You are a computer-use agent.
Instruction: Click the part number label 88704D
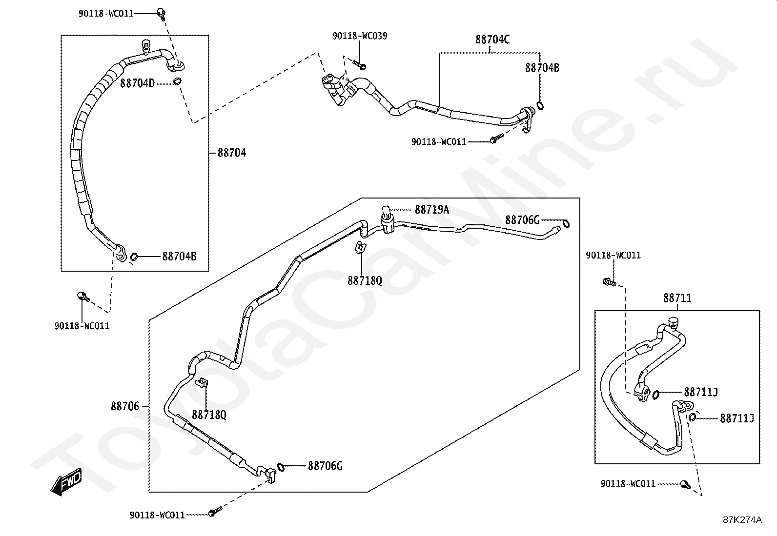[x=137, y=83]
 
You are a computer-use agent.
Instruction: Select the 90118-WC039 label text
[x=360, y=36]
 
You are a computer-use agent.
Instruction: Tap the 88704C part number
[x=492, y=40]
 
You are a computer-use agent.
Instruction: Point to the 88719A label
[x=432, y=210]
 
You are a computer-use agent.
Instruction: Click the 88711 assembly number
[x=677, y=298]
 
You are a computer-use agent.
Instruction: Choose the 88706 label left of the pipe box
[x=124, y=406]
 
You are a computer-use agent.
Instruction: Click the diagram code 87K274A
[x=742, y=520]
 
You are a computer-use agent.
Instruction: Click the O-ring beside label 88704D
[x=178, y=81]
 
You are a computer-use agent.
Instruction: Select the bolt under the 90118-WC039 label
[x=360, y=64]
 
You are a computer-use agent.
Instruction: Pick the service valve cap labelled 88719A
[x=386, y=212]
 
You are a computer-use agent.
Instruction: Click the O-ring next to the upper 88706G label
[x=566, y=224]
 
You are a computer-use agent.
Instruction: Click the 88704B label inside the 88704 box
[x=179, y=256]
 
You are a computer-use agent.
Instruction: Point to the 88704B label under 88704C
[x=542, y=68]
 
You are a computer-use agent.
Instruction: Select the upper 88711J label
[x=700, y=392]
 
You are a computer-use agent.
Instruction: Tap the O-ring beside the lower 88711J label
[x=693, y=417]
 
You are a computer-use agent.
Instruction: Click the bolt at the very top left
[x=161, y=13]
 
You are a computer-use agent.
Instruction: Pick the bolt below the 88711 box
[x=685, y=484]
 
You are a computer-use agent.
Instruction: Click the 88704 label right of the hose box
[x=232, y=153]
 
